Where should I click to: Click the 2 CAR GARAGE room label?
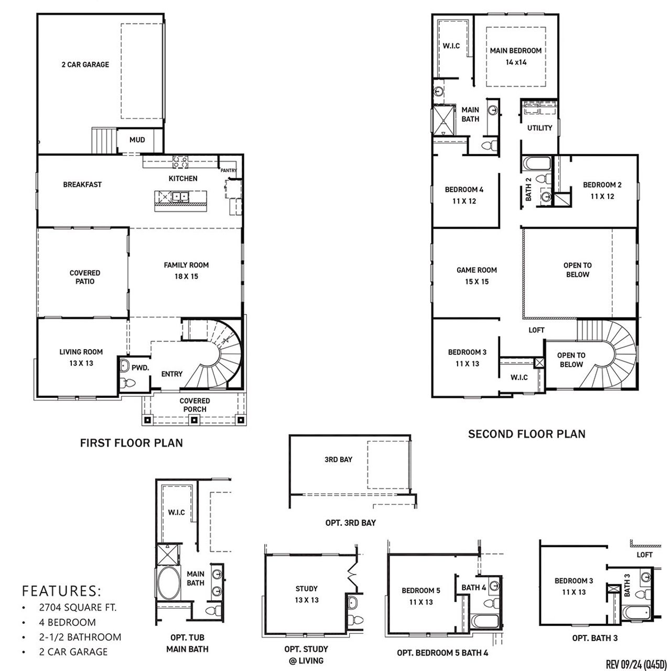coord(85,64)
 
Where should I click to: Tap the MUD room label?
coord(137,140)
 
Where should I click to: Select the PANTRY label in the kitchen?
coord(229,170)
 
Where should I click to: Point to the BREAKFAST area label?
coord(82,185)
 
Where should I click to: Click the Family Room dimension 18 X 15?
coord(186,276)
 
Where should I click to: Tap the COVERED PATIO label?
coord(85,277)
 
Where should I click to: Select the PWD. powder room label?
coord(140,367)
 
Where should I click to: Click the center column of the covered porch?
coord(194,420)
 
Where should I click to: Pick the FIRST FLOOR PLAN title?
coord(131,443)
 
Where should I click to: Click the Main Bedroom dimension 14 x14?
coord(516,62)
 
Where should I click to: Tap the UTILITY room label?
coord(539,128)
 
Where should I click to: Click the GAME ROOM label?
coord(477,270)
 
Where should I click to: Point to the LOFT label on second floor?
coord(536,330)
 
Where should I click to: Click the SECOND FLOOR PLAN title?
coord(526,434)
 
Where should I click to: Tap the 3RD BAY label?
coord(338,460)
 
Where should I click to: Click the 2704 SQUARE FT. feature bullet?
coord(77,608)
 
